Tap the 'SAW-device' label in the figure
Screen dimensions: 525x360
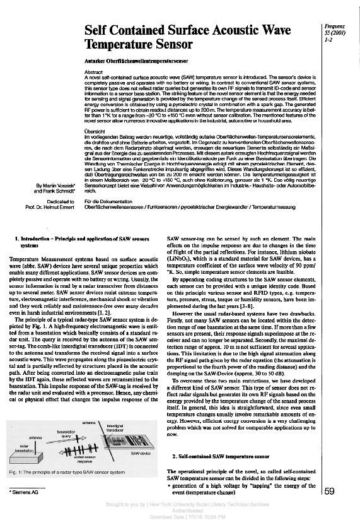140,453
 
